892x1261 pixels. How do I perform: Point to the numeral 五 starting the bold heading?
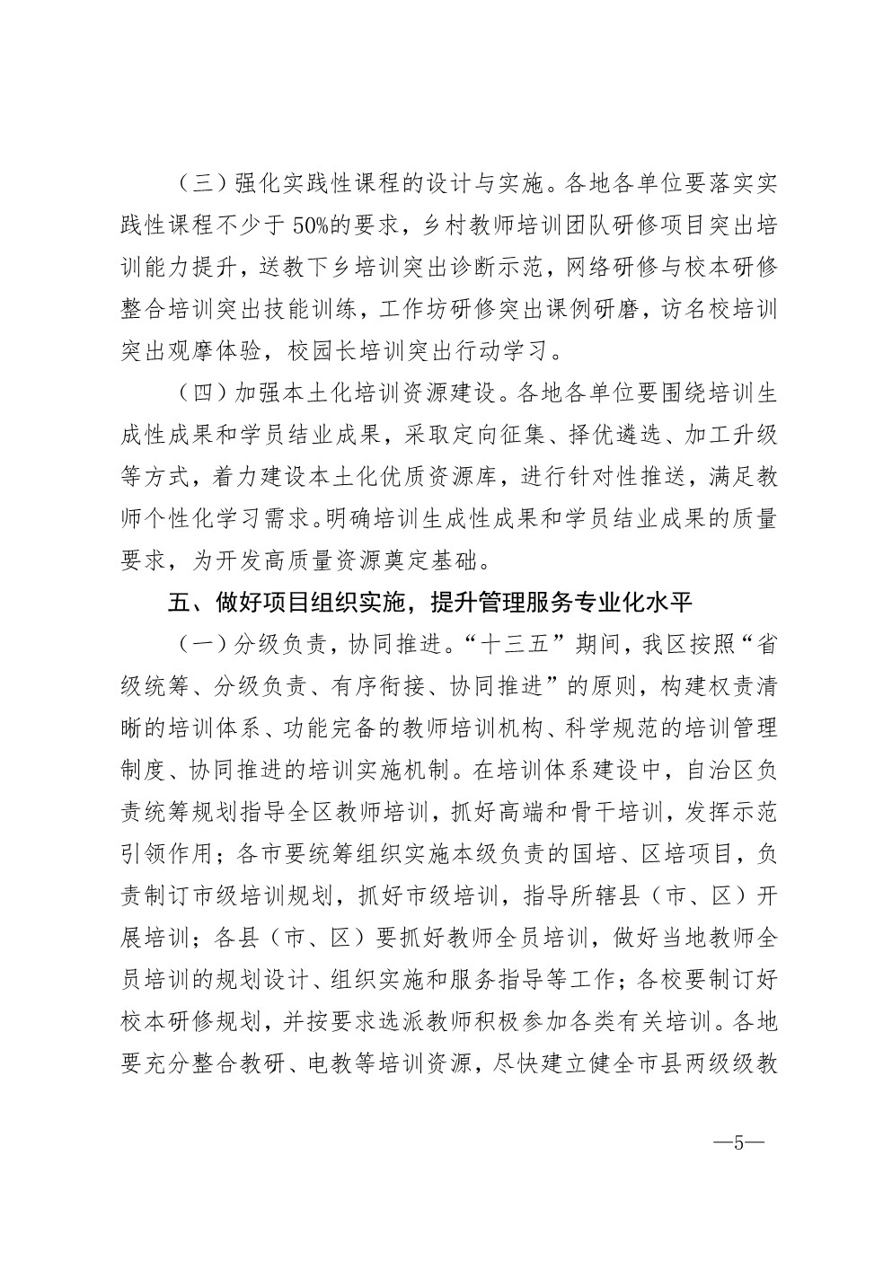point(177,603)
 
